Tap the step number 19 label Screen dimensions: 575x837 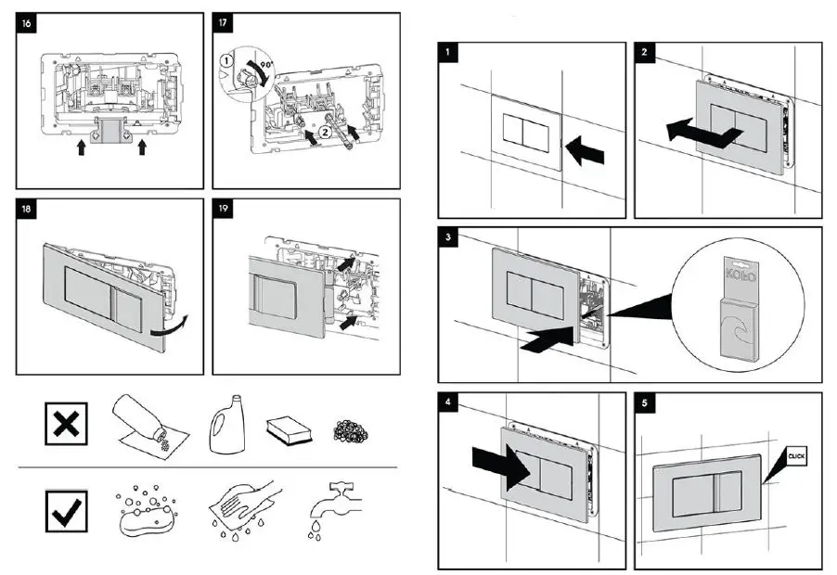click(223, 209)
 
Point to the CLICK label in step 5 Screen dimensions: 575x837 click(797, 455)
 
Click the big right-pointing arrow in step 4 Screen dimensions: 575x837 click(499, 464)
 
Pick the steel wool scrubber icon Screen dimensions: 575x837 click(350, 430)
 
